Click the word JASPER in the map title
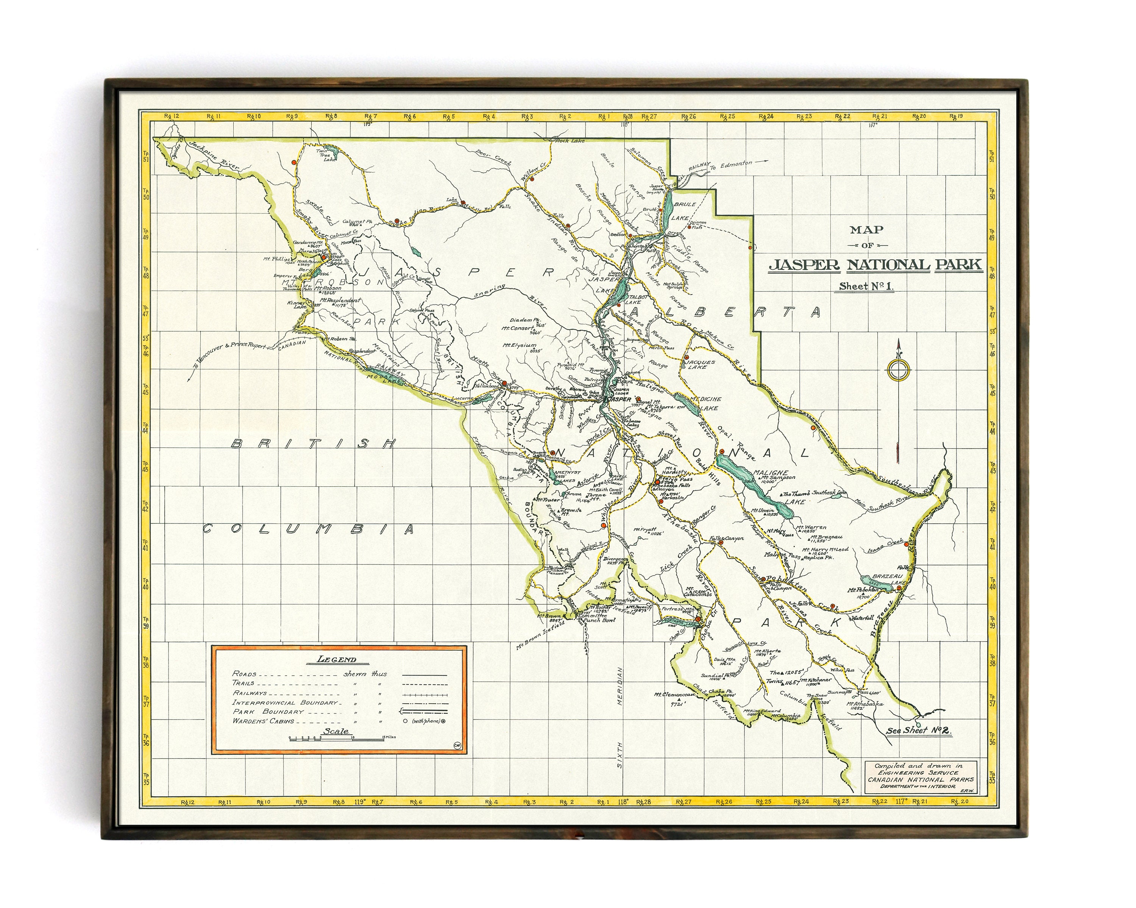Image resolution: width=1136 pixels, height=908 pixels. [804, 265]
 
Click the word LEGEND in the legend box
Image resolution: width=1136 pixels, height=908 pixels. [337, 659]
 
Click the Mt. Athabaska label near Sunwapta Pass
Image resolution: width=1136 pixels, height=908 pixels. [865, 704]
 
